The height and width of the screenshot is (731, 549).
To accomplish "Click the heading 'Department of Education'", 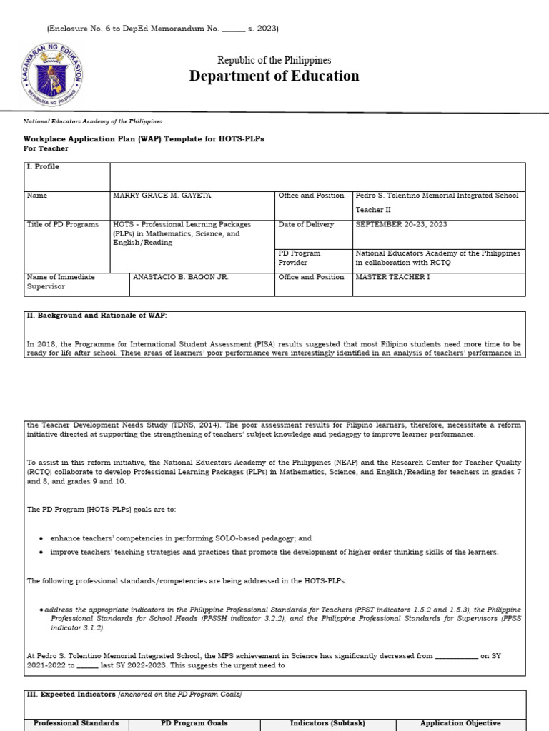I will coord(274,76).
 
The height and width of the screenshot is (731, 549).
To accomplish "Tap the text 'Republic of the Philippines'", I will coord(274,61).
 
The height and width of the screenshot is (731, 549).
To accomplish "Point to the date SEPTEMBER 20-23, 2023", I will coord(401,224).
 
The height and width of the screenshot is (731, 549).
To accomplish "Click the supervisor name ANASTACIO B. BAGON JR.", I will coord(181,277).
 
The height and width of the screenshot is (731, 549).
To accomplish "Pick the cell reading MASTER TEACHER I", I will coord(393,277).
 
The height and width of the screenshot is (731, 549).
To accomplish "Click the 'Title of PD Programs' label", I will coord(63,224).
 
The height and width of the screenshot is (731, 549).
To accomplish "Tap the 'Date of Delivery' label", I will coord(306,224).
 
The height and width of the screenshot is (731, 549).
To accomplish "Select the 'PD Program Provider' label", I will coord(300,258).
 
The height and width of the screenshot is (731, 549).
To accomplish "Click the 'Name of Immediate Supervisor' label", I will coord(61,281).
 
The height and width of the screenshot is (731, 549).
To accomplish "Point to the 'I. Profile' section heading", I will coord(43,166).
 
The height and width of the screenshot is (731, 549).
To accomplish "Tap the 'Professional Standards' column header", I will coord(76,723).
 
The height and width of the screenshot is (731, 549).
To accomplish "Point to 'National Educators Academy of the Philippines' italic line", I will coord(93,122).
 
